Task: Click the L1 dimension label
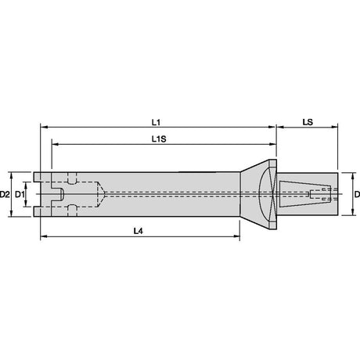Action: pyautogui.click(x=156, y=122)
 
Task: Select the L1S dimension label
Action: pyautogui.click(x=159, y=139)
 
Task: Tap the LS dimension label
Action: pyautogui.click(x=308, y=122)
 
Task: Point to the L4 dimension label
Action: pyautogui.click(x=139, y=231)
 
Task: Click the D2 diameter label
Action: pyautogui.click(x=5, y=194)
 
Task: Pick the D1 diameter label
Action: pyautogui.click(x=20, y=194)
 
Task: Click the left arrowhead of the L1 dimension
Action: pyautogui.click(x=44, y=127)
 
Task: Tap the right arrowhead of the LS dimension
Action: pyautogui.click(x=335, y=127)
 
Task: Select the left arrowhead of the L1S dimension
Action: pyautogui.click(x=55, y=144)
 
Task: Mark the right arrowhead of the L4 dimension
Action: pyautogui.click(x=236, y=236)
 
